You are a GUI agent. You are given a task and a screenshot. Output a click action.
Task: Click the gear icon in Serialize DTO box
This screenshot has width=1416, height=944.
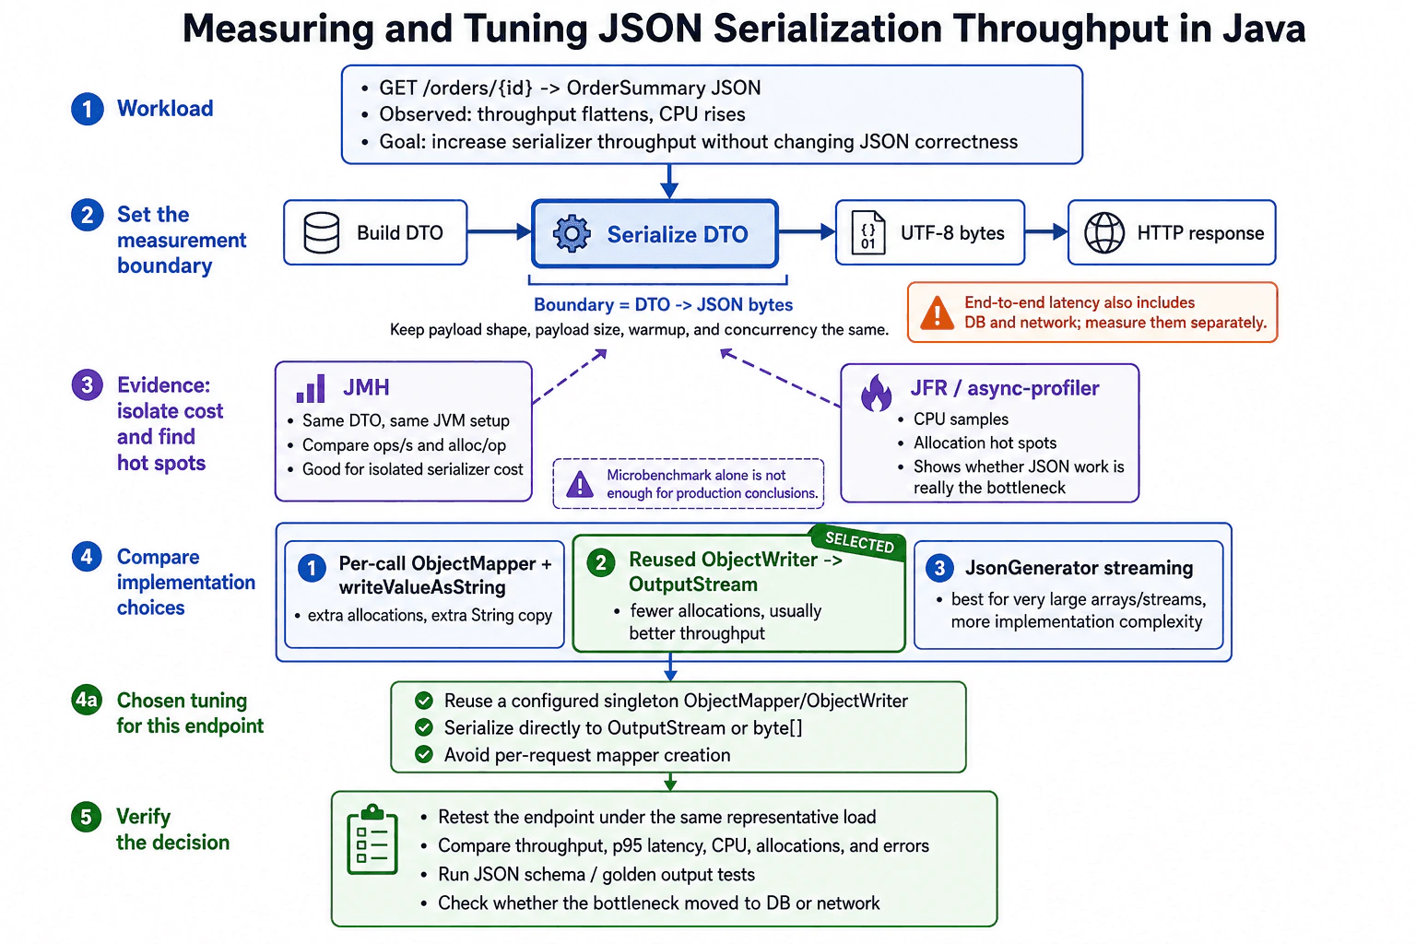[x=572, y=234]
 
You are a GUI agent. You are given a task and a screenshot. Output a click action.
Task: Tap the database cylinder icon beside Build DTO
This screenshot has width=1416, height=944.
[x=321, y=232]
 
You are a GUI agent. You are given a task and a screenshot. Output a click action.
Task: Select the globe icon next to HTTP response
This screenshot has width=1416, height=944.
[x=1103, y=232]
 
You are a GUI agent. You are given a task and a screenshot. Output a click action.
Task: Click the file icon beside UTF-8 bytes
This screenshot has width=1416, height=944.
[x=867, y=232]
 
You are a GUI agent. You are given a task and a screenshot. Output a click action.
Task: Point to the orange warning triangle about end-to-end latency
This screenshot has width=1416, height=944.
[x=937, y=313]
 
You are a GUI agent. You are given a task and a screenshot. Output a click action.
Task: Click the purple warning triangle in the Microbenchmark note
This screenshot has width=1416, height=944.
[x=580, y=484]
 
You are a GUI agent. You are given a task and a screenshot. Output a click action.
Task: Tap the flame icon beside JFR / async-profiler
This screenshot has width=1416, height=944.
[x=876, y=393]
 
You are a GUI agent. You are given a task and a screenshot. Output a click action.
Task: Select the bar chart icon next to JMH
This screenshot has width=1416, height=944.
[x=311, y=388]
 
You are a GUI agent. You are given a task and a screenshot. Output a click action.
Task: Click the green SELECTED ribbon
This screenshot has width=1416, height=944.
[x=859, y=542]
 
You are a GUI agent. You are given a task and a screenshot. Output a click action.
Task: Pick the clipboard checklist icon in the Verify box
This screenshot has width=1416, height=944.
[x=372, y=840]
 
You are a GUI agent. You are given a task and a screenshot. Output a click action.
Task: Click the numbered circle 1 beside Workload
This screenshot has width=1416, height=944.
[x=88, y=109]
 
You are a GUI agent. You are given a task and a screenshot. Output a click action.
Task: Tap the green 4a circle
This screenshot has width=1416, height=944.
[x=87, y=700]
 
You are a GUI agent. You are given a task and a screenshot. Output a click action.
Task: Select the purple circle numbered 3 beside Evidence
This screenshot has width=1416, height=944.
[x=88, y=384]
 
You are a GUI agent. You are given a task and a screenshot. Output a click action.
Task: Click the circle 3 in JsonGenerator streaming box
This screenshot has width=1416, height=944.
[x=939, y=568]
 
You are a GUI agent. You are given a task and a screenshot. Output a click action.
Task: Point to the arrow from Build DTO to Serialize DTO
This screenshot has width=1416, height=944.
[x=500, y=232]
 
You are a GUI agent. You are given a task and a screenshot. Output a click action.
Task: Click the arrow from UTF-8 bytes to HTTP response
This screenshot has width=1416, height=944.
[x=1046, y=232]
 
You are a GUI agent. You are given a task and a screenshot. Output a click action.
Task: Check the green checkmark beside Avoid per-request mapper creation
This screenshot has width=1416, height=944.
[x=423, y=754]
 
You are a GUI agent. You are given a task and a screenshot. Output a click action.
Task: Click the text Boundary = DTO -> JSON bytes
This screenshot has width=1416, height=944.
[x=663, y=305]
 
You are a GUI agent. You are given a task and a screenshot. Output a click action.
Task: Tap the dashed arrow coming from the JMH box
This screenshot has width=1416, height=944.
[x=570, y=375]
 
